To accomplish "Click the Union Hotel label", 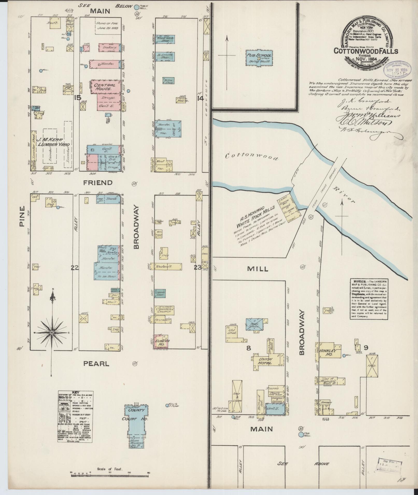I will coord(265,361).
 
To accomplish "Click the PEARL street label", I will coord(96,364).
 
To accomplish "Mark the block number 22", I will coord(75,268).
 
